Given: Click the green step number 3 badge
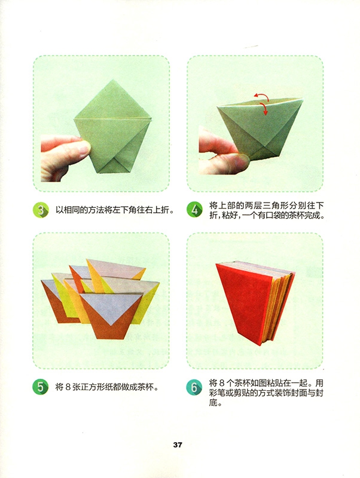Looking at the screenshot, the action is tap(41, 210).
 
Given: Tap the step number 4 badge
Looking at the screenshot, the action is tap(194, 210).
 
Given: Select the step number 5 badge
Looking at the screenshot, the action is tap(41, 387).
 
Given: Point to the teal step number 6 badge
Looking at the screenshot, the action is tap(194, 387).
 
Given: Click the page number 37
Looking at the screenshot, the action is tap(178, 445).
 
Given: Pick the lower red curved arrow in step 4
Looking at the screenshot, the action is tap(264, 108).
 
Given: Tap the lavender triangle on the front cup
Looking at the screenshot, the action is tap(111, 307).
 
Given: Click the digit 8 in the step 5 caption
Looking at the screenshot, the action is tap(68, 387).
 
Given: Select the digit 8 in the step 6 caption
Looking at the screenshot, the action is tap(221, 382).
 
